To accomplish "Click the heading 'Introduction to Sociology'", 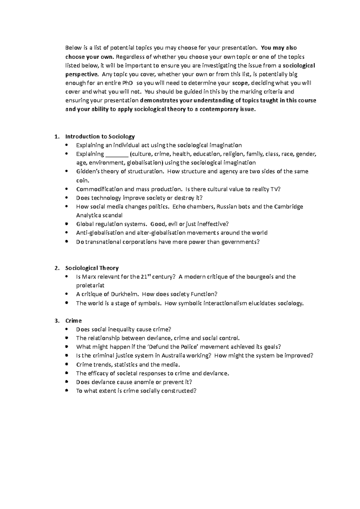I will [x=100, y=137].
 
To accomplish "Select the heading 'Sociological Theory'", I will [x=92, y=268].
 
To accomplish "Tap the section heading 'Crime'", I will [x=73, y=321].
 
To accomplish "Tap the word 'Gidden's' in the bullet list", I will [x=87, y=172].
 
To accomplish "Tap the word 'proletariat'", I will [x=90, y=285].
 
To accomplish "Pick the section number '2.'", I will [x=57, y=268].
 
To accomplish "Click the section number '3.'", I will [x=57, y=321].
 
